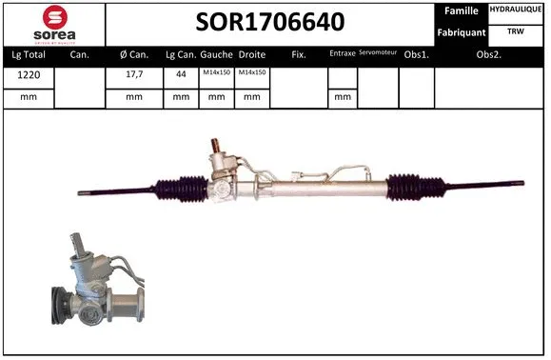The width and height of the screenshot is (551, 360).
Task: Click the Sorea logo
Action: (x=53, y=23)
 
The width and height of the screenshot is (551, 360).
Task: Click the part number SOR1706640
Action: (x=270, y=22)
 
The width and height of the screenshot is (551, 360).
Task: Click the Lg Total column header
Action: (x=28, y=54)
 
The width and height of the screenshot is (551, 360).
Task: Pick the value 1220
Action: (x=28, y=75)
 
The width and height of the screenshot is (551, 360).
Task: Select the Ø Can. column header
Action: (x=133, y=54)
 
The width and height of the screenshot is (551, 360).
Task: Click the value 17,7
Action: (x=133, y=75)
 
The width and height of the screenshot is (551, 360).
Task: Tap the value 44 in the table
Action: (x=180, y=75)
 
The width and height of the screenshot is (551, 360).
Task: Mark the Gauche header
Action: (x=217, y=54)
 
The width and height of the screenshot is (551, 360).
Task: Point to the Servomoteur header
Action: (x=378, y=53)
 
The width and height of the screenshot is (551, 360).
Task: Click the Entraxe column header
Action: (x=342, y=54)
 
